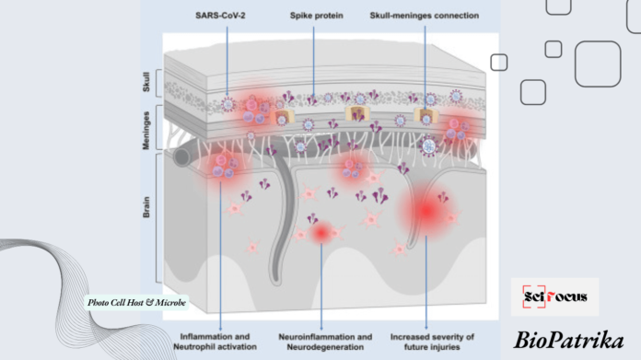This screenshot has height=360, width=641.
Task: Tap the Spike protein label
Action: pos(313,16)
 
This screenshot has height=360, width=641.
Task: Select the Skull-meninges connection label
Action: pos(425,16)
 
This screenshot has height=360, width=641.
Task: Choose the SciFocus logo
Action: pos(554,297)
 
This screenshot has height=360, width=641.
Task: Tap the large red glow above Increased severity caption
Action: pos(425,211)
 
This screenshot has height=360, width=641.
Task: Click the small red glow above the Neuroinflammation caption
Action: pos(320,234)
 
